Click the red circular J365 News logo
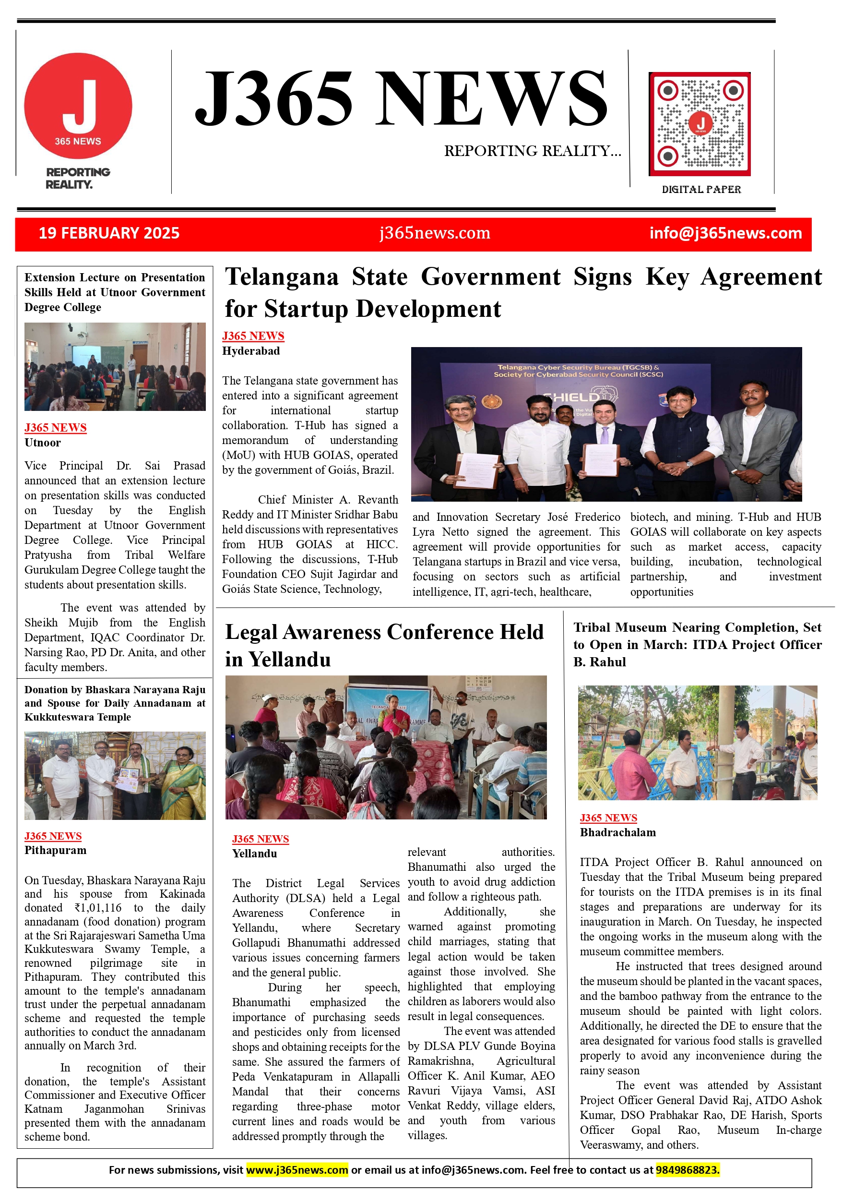[x=78, y=105]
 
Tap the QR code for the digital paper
[x=700, y=124]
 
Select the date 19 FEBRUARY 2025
[x=109, y=233]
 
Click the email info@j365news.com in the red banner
[x=725, y=233]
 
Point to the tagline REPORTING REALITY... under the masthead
[x=532, y=151]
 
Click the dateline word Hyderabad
[x=251, y=351]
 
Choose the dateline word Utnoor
[x=43, y=443]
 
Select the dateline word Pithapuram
[x=56, y=850]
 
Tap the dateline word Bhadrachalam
[x=617, y=832]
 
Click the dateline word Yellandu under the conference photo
[x=254, y=854]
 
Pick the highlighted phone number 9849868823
[x=687, y=1170]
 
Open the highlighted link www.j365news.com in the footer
[x=296, y=1170]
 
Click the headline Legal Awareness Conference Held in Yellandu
[x=384, y=645]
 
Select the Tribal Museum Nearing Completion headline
[x=697, y=644]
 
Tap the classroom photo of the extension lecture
[x=115, y=367]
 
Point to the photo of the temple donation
[x=115, y=775]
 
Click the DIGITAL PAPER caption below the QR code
[x=701, y=189]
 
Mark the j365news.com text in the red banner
[x=435, y=233]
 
